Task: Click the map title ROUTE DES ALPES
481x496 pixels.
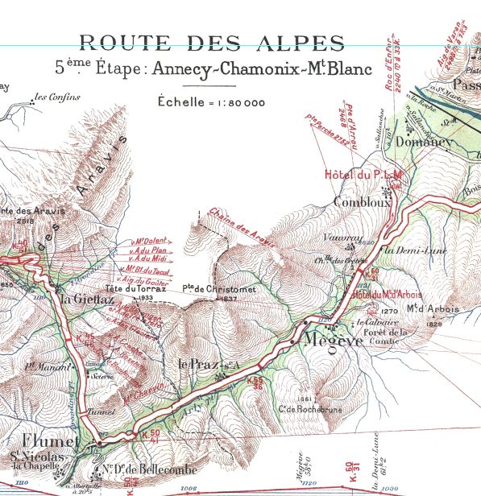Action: click(212, 43)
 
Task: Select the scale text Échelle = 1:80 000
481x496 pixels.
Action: click(212, 102)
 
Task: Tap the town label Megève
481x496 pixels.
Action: click(326, 341)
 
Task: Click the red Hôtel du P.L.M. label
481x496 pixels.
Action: click(362, 174)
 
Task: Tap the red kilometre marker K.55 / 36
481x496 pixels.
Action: click(256, 382)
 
